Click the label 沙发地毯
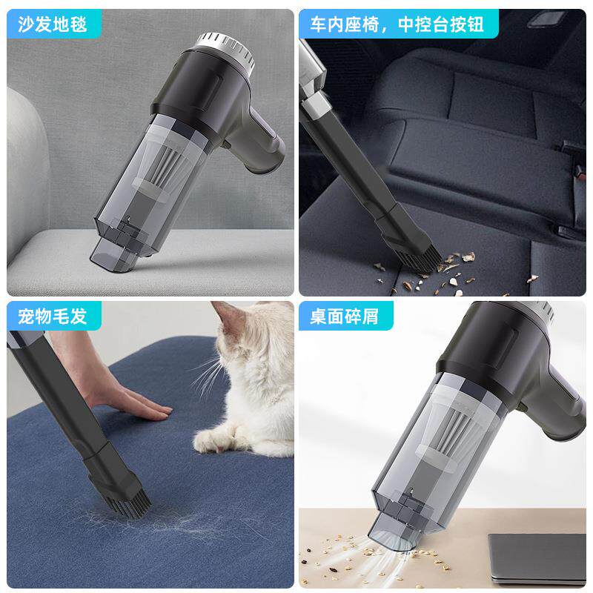click(53, 24)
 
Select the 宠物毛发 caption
click(53, 317)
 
